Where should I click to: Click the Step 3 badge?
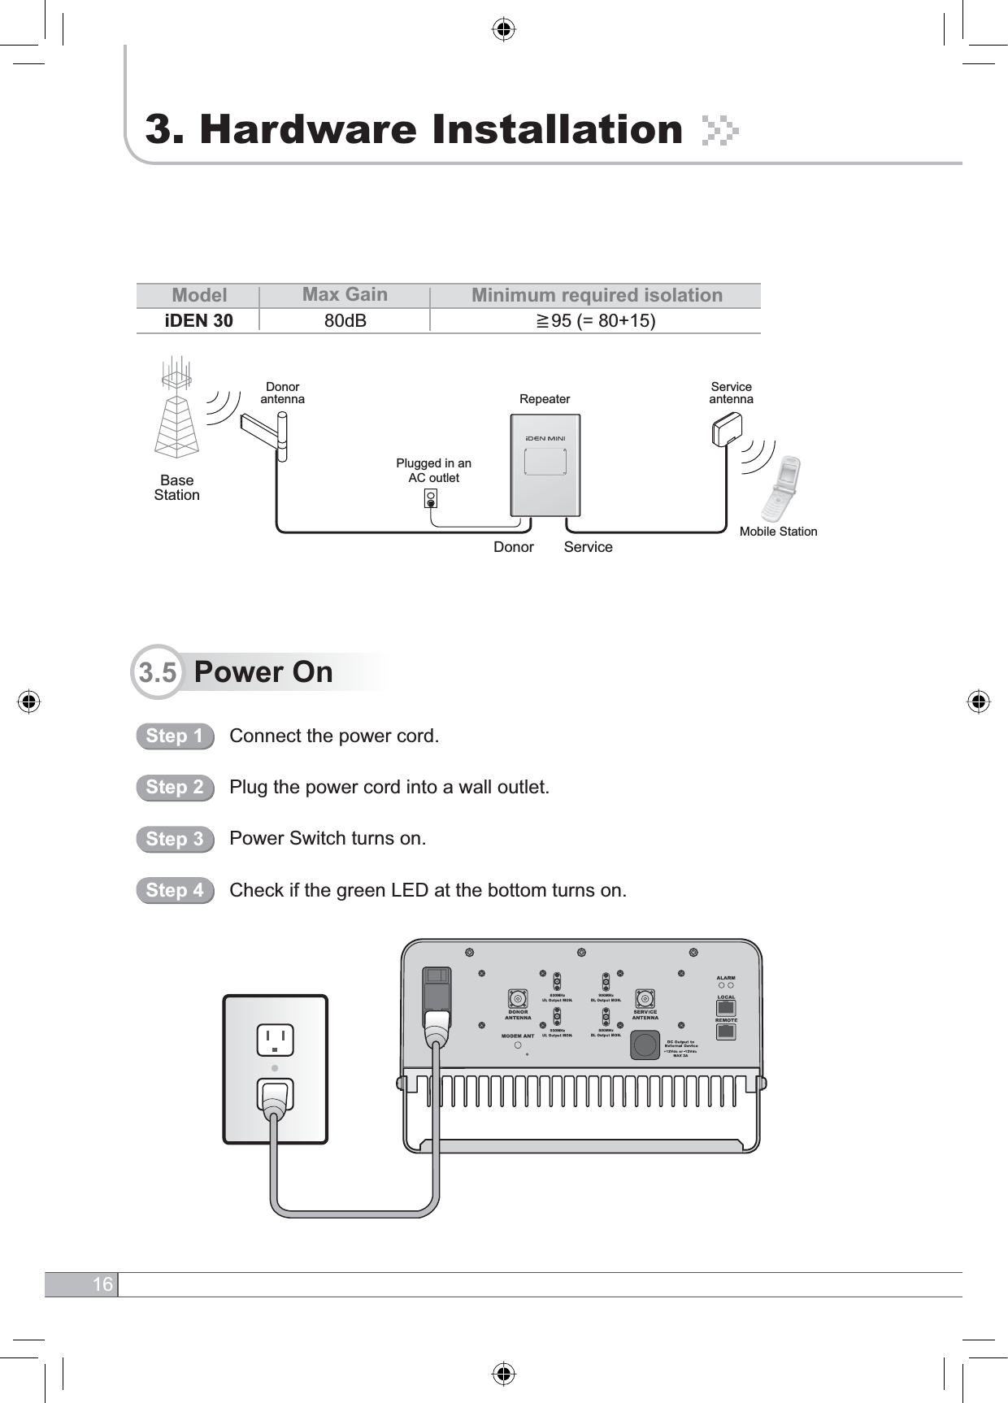point(175,839)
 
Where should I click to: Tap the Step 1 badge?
point(175,736)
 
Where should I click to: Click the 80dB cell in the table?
point(345,321)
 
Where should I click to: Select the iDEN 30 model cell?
point(199,321)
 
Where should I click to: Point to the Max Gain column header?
point(345,294)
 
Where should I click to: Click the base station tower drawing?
point(177,410)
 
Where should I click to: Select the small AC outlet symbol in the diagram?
point(432,498)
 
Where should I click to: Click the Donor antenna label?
point(283,393)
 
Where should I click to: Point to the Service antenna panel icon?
point(727,429)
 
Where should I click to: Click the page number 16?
point(102,1284)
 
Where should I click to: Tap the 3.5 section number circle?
point(158,672)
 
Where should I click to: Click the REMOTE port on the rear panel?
point(726,1032)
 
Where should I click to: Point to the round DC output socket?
point(645,1045)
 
